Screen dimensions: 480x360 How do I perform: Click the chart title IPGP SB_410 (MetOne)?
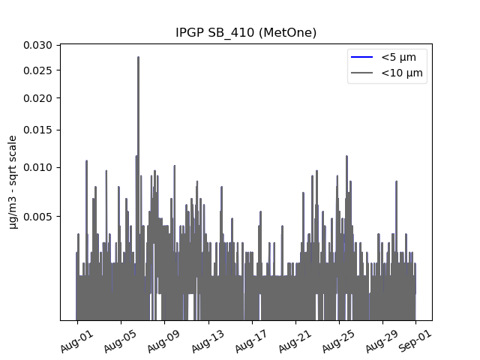pos(246,32)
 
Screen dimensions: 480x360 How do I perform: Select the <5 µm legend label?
pos(398,57)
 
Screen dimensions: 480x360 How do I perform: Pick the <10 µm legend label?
pos(402,73)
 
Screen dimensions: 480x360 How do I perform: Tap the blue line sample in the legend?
pos(361,57)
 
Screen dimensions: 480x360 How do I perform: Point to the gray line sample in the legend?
pos(361,73)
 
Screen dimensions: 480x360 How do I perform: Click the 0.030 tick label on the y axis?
pos(38,45)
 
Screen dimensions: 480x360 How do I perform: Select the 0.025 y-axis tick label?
pos(38,70)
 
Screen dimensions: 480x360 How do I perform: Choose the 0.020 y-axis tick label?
pos(38,98)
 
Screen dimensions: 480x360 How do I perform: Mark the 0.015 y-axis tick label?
pos(38,130)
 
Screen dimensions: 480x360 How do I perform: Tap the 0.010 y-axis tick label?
pos(38,167)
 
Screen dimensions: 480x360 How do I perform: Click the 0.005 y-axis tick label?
pos(38,217)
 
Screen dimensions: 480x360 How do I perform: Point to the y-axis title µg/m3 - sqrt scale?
pos(13,182)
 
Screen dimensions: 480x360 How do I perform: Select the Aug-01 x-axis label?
pos(76,342)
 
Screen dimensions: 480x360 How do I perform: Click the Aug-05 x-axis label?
pos(119,342)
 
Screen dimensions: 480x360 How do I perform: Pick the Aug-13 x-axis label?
pos(207,342)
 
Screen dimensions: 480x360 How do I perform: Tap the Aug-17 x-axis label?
pos(250,342)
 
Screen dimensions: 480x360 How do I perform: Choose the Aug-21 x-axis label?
pos(294,342)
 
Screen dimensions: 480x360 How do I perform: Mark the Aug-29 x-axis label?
pos(381,342)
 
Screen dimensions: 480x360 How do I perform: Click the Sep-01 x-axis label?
pos(415,341)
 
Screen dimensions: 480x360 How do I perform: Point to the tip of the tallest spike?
pos(138,57)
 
